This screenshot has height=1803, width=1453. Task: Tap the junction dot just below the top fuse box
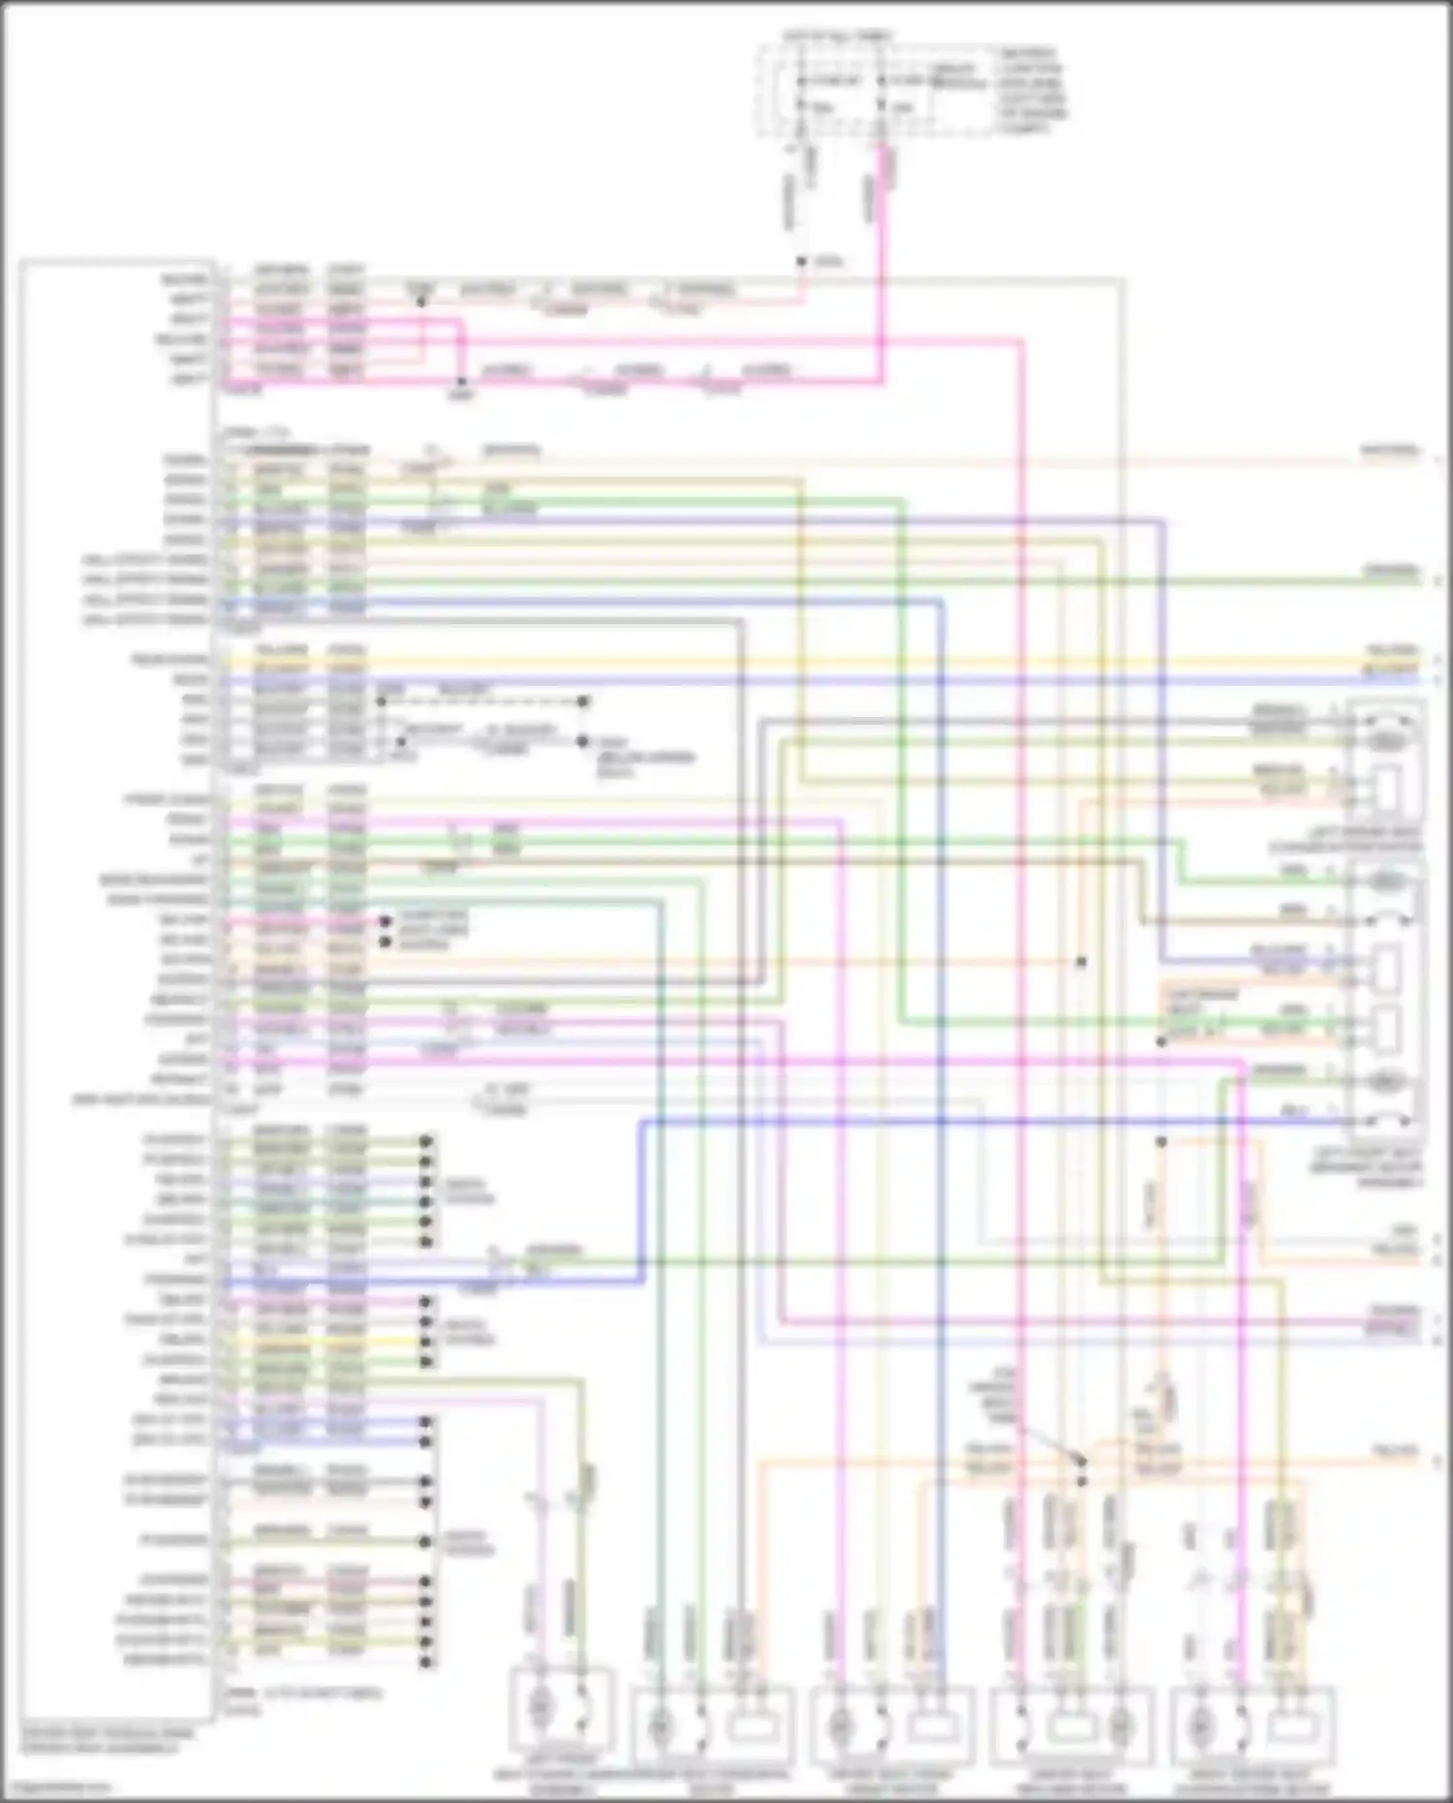[801, 262]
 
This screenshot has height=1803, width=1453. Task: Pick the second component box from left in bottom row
[712, 1726]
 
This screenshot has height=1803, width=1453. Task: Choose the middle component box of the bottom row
[892, 1726]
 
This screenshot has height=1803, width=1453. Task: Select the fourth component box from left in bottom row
[1071, 1726]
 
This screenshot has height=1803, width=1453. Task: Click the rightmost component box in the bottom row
[1252, 1726]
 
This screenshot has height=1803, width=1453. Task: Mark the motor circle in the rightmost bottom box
[1201, 1726]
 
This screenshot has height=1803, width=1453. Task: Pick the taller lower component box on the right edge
[1386, 998]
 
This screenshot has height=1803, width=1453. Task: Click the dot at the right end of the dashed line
[583, 701]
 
